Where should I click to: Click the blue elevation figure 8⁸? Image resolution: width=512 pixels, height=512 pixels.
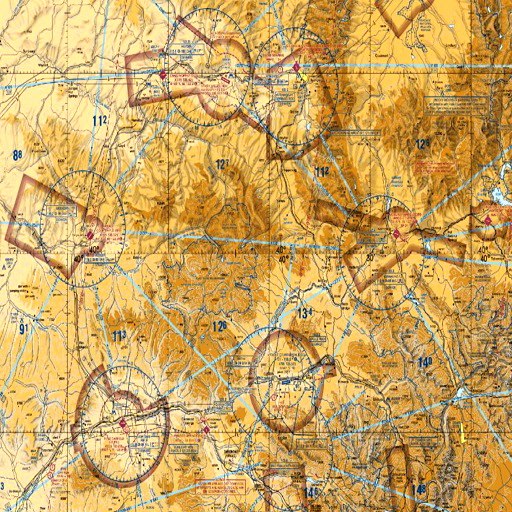pos(17,155)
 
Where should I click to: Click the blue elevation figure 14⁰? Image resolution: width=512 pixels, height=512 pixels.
pos(426,361)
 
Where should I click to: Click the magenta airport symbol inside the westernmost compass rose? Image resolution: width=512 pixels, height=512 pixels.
pos(90,236)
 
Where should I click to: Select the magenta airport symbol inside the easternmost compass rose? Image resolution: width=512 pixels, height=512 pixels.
pos(397,234)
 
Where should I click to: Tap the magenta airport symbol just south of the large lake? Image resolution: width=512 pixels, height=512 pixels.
pos(487,217)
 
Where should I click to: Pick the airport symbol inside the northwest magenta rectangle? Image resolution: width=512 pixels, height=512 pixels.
pos(163,75)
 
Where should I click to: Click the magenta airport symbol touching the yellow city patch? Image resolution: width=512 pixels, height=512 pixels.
pos(298,67)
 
